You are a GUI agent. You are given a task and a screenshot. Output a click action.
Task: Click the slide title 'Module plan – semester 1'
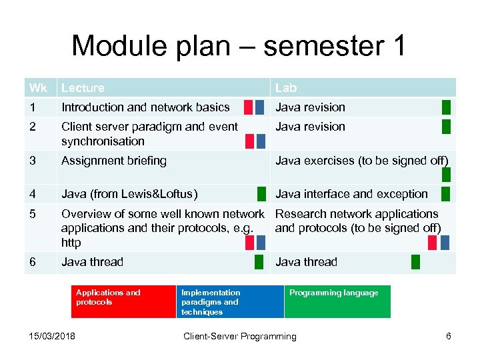click(x=238, y=46)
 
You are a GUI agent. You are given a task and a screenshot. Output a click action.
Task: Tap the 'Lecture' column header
click(x=83, y=87)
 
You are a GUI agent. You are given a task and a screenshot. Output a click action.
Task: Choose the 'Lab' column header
click(x=286, y=87)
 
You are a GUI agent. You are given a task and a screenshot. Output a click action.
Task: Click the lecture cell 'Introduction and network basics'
click(x=145, y=107)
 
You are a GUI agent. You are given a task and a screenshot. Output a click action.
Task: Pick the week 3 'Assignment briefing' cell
click(x=114, y=160)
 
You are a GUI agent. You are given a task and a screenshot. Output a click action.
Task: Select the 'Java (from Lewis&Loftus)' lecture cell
click(x=129, y=194)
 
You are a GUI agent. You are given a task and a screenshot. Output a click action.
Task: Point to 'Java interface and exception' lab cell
click(x=351, y=194)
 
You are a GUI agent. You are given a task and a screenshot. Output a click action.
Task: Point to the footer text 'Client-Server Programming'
click(x=240, y=336)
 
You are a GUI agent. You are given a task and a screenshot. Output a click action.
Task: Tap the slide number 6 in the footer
click(x=449, y=336)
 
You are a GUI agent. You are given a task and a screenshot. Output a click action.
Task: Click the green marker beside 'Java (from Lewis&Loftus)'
click(x=261, y=194)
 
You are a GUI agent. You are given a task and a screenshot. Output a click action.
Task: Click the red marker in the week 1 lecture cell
click(x=249, y=107)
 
